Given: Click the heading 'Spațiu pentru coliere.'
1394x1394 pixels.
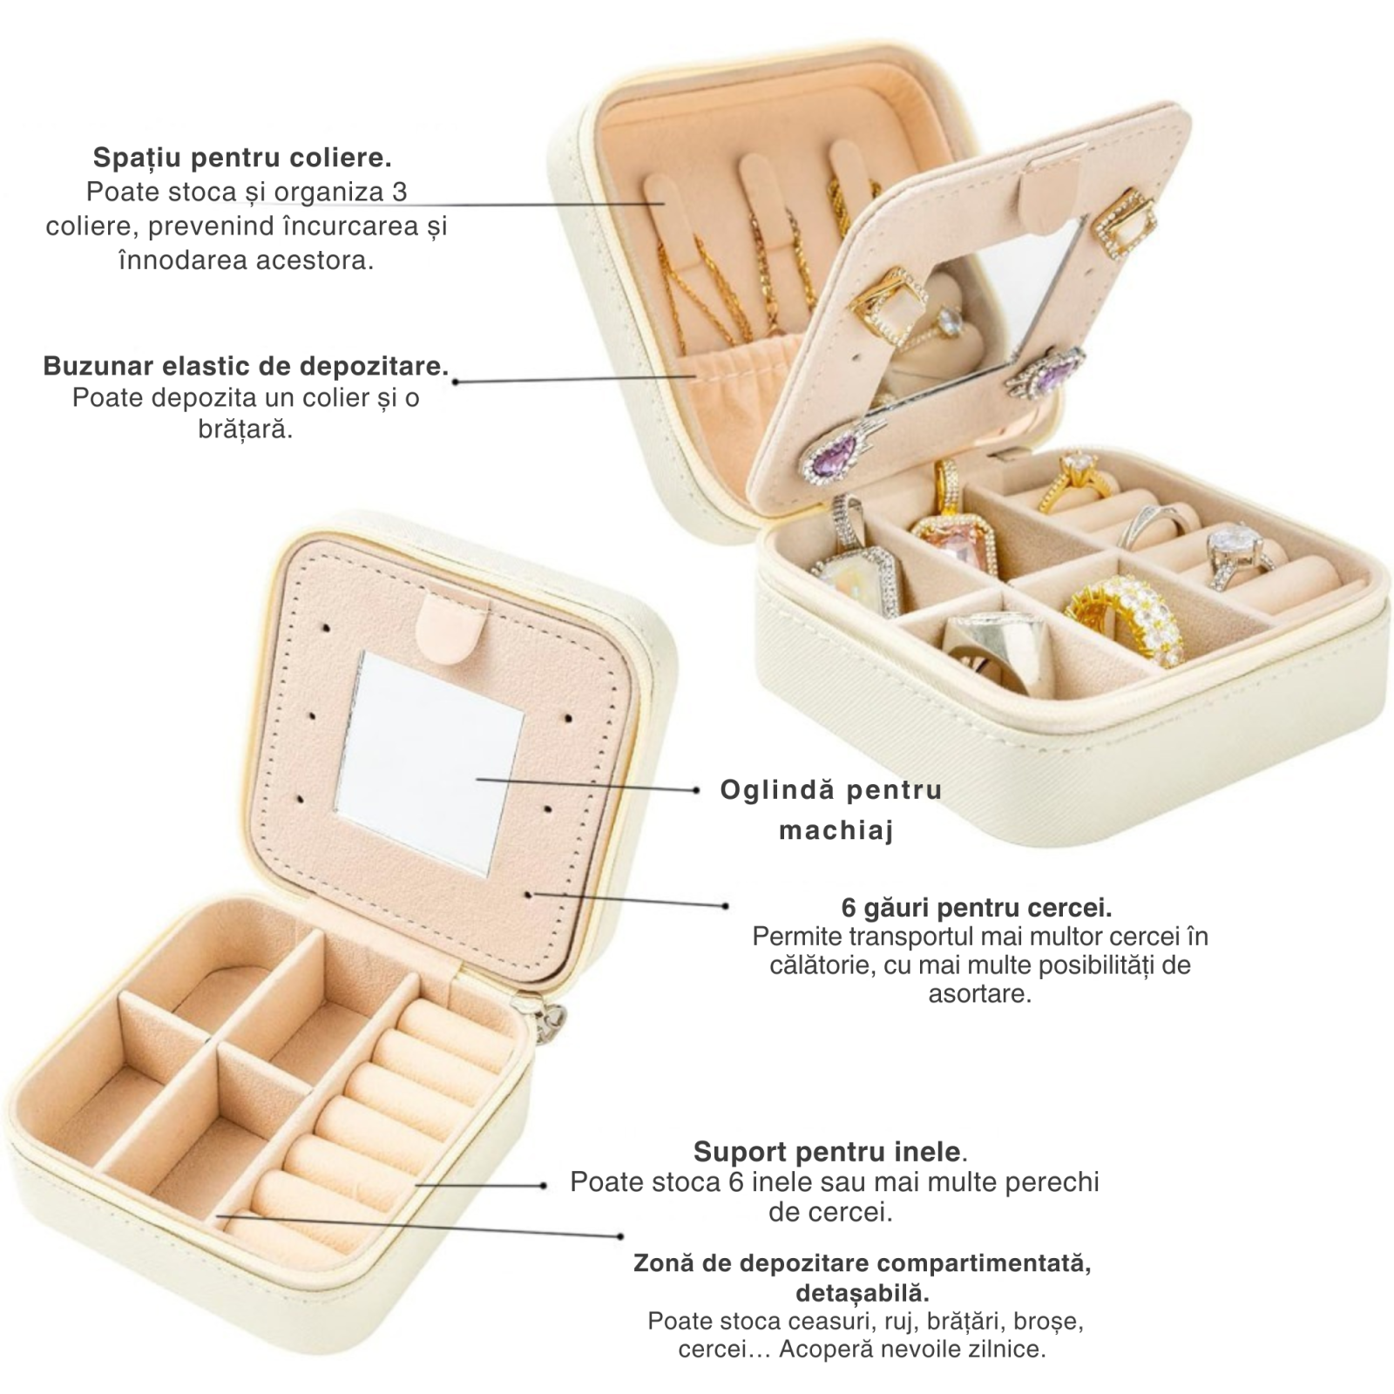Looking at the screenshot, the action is point(242,158).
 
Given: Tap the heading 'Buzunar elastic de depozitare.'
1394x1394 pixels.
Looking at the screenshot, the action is point(246,365).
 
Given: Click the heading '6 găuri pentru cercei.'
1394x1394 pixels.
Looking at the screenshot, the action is point(977,908).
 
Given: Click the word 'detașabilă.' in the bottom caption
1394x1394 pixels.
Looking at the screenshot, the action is point(862,1290).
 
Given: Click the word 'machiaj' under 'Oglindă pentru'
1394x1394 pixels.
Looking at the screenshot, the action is point(836,831).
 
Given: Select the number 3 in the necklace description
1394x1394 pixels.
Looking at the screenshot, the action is point(399,192).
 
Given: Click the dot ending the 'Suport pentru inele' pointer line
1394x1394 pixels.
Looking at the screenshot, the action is point(544,1185).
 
